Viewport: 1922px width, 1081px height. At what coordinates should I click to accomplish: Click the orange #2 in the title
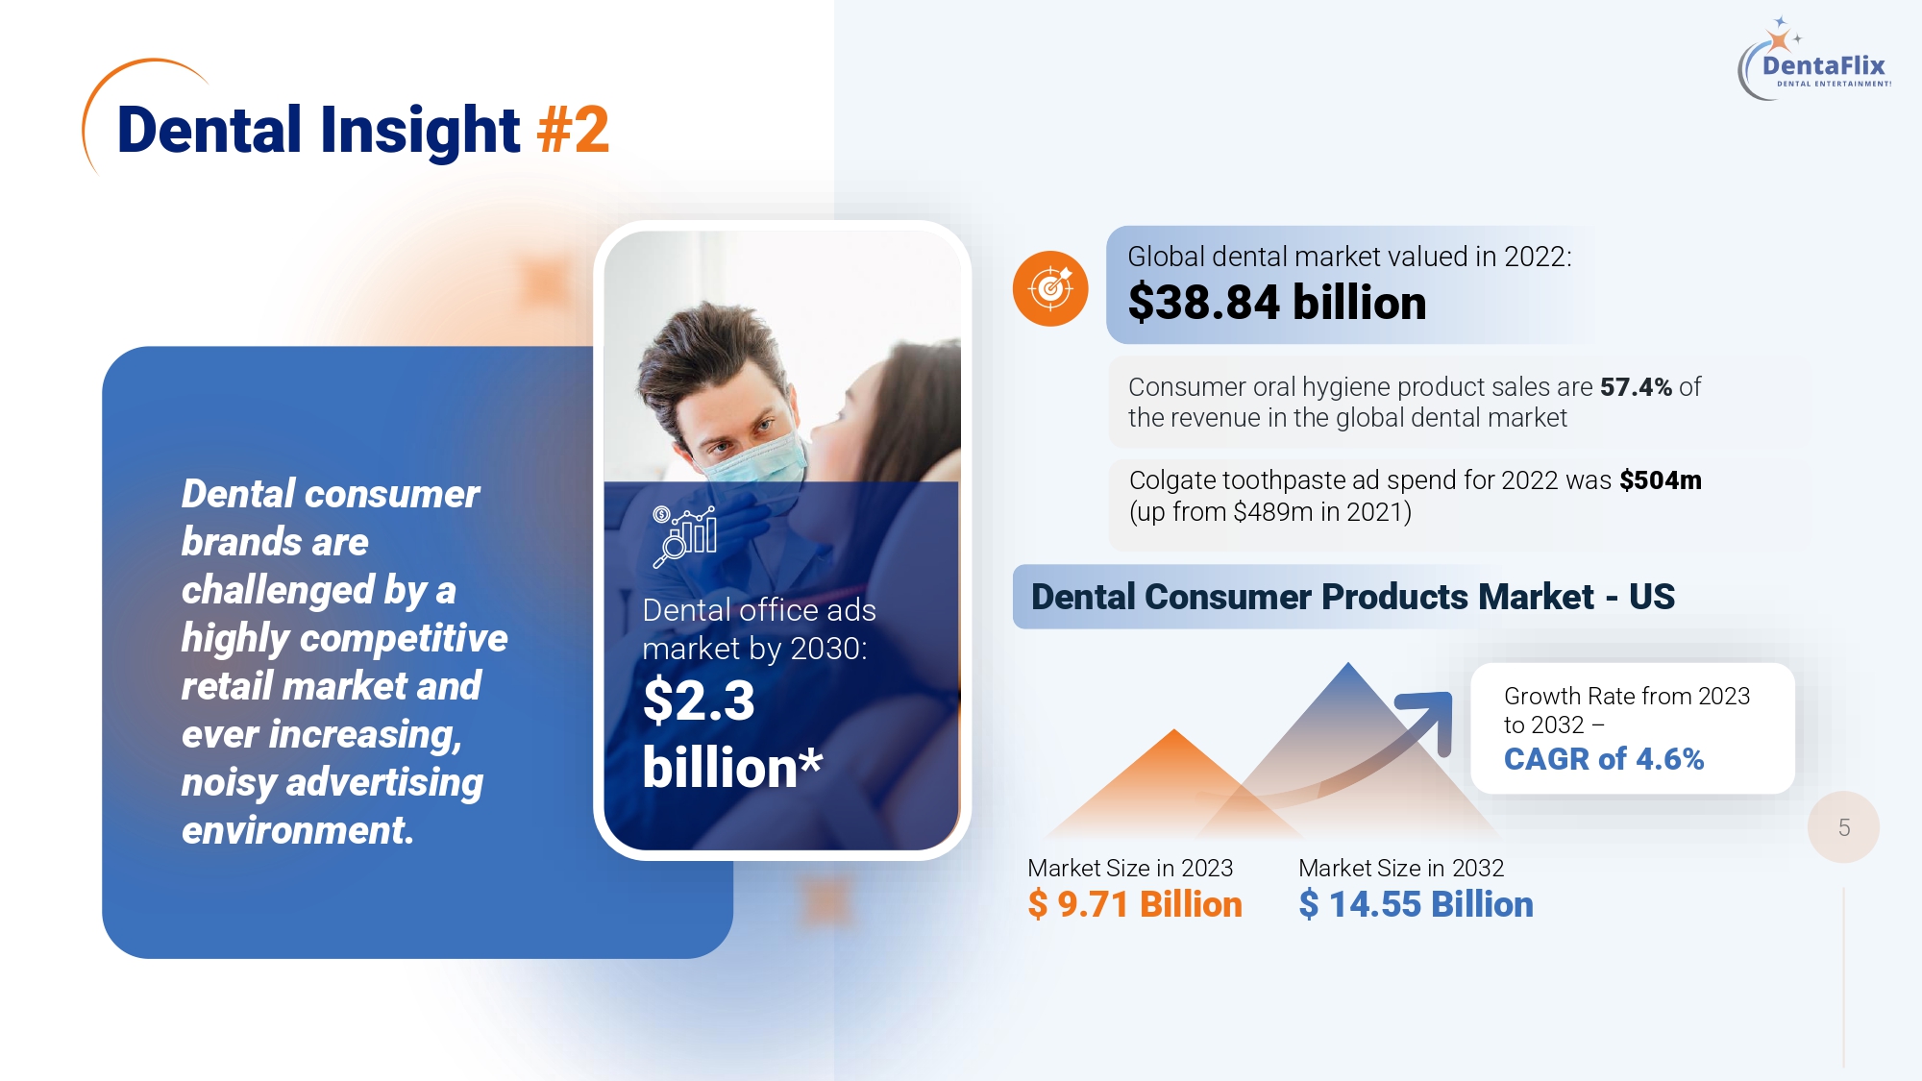[x=574, y=130]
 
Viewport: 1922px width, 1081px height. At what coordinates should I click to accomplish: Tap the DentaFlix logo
[x=1814, y=60]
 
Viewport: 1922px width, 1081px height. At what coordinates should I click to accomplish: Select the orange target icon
[x=1050, y=288]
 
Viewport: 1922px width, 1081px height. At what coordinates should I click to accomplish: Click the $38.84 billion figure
[x=1277, y=303]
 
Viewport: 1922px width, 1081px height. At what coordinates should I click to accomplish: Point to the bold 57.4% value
[x=1637, y=386]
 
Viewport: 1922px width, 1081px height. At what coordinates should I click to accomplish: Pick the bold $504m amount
[x=1661, y=479]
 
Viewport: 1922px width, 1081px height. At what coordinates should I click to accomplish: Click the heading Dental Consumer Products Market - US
[x=1352, y=597]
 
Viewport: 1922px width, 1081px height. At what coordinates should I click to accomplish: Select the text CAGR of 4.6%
[x=1604, y=759]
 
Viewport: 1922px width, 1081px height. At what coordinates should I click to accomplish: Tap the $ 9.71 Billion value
[x=1135, y=904]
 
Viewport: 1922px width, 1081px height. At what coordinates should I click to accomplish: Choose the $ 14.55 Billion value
[x=1416, y=904]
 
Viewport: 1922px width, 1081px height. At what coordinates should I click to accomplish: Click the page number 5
[x=1843, y=827]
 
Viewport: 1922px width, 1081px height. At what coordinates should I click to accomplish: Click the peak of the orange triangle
[x=1174, y=730]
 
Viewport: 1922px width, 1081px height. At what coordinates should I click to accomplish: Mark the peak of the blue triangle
[x=1348, y=663]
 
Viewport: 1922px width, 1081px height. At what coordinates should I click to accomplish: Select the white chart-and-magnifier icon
[x=684, y=536]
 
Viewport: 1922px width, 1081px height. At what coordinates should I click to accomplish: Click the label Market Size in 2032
[x=1401, y=868]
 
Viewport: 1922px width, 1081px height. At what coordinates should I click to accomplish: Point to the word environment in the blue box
[x=298, y=830]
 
